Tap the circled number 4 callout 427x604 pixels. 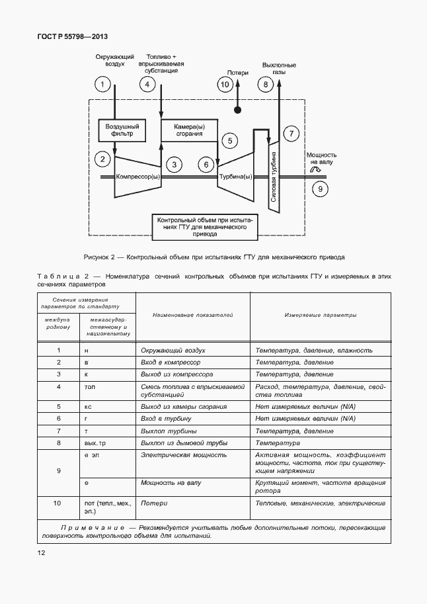point(147,85)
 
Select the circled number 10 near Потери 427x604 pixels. point(225,84)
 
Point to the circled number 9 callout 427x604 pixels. point(320,189)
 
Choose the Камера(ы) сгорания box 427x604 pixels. point(190,130)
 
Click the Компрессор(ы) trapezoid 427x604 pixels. point(137,177)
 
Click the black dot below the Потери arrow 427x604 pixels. point(237,110)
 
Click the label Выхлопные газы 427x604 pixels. point(278,69)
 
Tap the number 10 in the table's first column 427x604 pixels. point(58,503)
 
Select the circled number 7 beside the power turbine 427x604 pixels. point(291,133)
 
